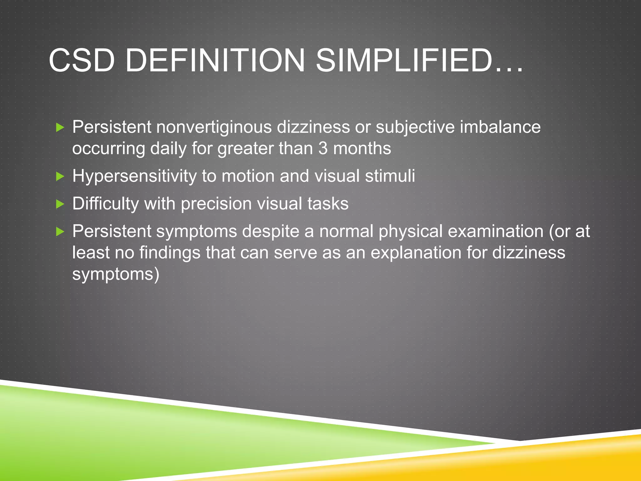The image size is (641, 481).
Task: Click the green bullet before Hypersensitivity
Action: click(60, 177)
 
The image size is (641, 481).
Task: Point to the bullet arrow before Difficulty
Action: click(60, 204)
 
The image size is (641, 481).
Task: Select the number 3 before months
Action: click(323, 148)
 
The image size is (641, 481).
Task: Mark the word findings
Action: click(170, 253)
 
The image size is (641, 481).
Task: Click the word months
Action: click(362, 148)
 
